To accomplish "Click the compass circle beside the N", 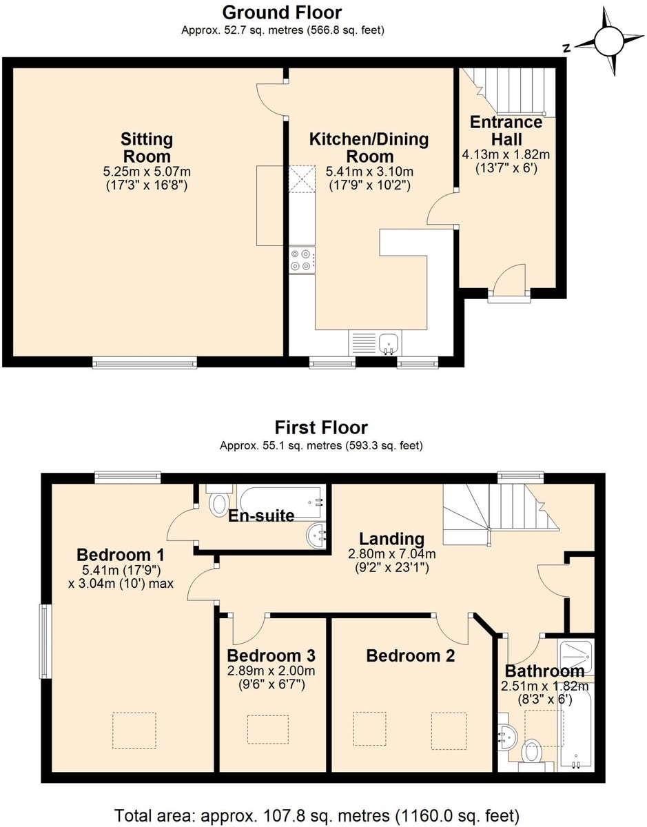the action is click(609, 41).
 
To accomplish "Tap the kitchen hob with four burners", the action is click(302, 260).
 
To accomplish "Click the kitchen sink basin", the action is click(388, 343).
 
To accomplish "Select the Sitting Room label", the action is click(147, 147).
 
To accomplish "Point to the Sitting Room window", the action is click(145, 363).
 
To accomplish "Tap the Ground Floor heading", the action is click(282, 13).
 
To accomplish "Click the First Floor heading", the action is click(321, 427).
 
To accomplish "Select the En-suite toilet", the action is click(218, 500).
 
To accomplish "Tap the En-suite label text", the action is click(261, 516).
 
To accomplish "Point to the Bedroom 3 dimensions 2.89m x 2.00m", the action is click(271, 671).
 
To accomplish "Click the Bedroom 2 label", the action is click(411, 655).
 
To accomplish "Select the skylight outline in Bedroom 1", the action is click(134, 731).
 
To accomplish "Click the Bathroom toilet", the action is click(532, 751).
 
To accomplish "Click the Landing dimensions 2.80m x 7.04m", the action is click(392, 553).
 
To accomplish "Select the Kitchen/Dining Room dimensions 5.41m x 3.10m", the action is click(369, 172).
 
